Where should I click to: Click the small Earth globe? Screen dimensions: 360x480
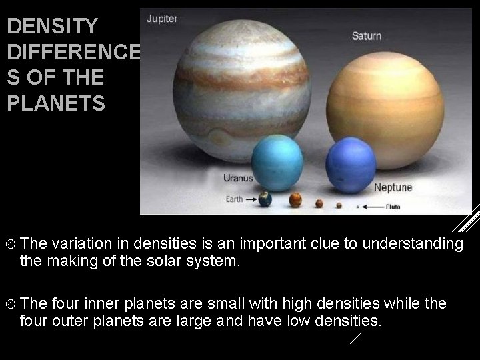pos(266,199)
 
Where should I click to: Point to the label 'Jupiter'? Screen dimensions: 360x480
pos(163,19)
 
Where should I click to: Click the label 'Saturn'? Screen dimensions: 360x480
pos(367,35)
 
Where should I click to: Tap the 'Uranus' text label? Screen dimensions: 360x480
pos(238,179)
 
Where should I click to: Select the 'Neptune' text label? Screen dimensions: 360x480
pos(393,187)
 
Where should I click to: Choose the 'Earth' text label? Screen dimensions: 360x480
pos(233,199)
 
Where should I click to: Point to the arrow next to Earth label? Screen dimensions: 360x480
pos(250,199)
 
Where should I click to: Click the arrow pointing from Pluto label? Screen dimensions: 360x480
pos(373,207)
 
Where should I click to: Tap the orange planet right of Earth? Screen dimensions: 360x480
pos(295,199)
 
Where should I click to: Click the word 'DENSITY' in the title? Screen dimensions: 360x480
pos(52,27)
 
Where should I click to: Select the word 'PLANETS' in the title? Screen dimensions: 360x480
pos(56,103)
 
